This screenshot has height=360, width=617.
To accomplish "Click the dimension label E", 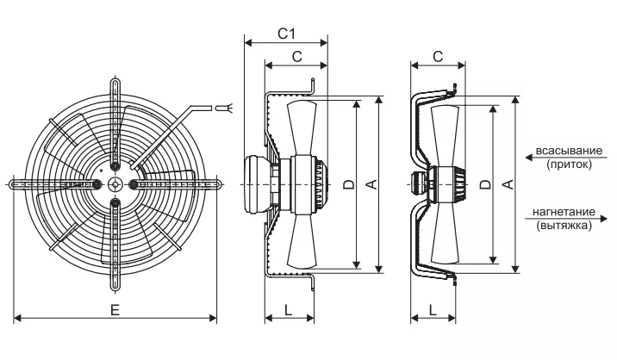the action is pos(115,310).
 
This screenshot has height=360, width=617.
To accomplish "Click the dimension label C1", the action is pos(286,34).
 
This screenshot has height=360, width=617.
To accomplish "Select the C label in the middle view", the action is pos(297,57).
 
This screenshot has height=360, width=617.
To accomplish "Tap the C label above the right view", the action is pos(438,57).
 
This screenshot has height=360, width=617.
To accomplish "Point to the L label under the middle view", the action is pos(289,310).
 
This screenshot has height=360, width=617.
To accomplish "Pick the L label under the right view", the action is pos(433,310).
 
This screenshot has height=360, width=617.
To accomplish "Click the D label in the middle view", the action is pos(349,184).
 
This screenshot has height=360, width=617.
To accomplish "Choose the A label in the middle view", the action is pos(372,184).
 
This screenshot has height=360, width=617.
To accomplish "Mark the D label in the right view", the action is pos(486,184).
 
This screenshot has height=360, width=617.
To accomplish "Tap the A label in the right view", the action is pos(508,184).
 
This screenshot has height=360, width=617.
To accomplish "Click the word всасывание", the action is pos(569,151).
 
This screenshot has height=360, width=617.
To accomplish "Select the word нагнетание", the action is pos(564,212).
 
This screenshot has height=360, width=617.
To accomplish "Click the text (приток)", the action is pos(569,164).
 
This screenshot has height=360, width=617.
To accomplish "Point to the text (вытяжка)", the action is pos(564,226).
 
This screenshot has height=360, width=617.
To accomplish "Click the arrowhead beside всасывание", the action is pos(529,158).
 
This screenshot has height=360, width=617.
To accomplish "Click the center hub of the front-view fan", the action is pos(115,183).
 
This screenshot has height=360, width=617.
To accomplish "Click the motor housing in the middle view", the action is pos(258,184).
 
